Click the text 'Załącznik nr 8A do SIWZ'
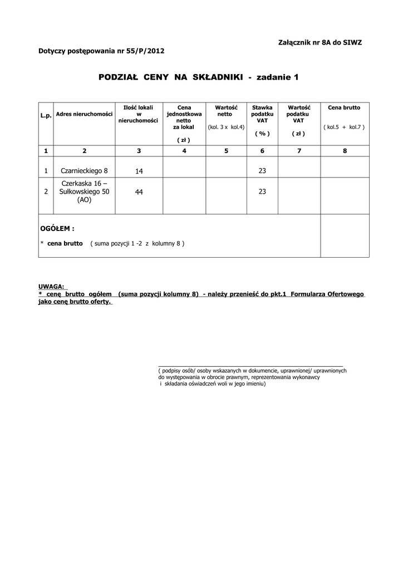point(320,43)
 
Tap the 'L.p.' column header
point(46,115)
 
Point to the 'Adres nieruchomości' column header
point(85,114)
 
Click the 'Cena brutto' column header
point(344,107)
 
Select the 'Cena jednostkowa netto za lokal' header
point(183,117)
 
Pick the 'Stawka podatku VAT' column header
point(262,114)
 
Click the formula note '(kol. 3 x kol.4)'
point(226,127)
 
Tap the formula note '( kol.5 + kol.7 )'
point(344,127)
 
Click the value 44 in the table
point(139,191)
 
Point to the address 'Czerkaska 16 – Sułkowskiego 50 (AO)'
point(85,191)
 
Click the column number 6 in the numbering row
point(262,151)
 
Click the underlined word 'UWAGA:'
point(51,287)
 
